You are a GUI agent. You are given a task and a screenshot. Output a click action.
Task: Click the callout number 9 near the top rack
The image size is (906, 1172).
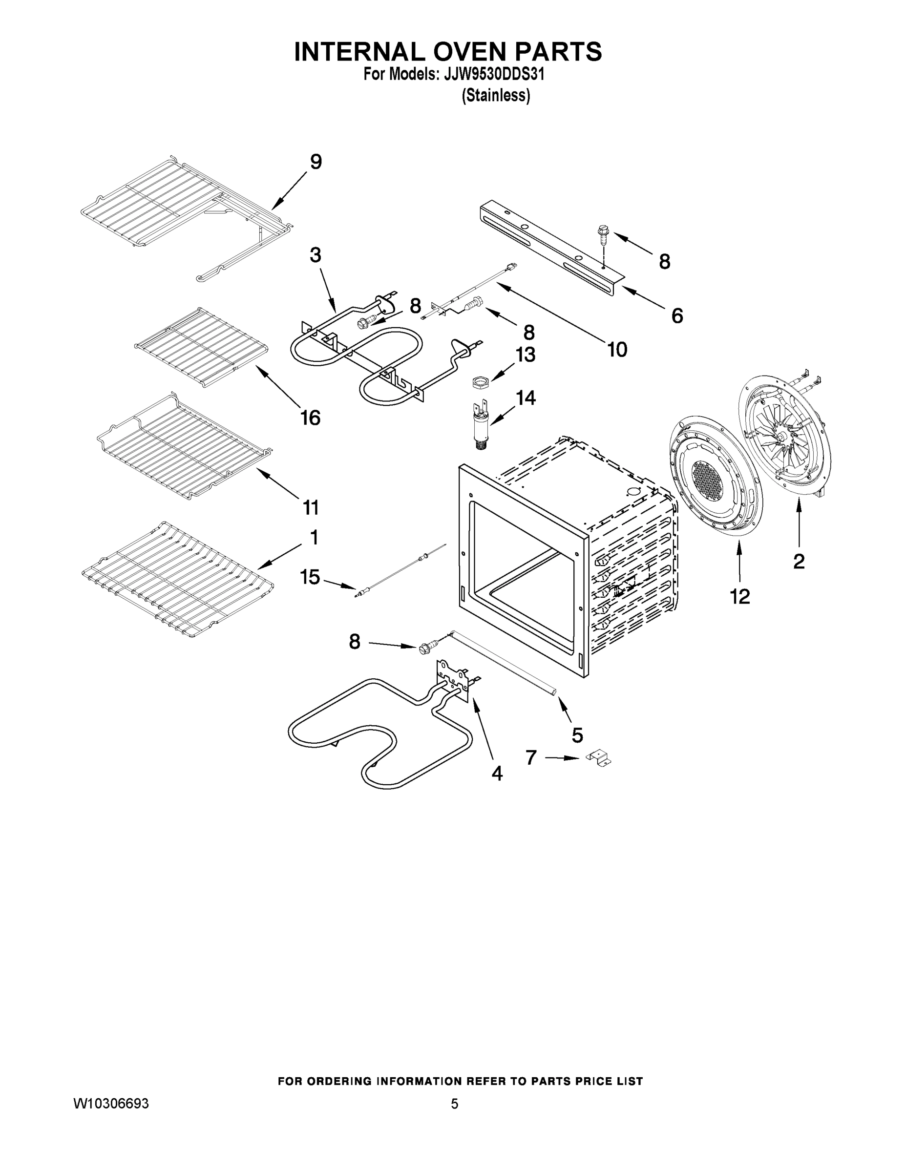pos(316,162)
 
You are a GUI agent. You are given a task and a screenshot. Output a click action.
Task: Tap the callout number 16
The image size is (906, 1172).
pos(310,417)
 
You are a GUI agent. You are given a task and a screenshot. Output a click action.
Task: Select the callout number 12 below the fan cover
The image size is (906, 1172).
pos(739,596)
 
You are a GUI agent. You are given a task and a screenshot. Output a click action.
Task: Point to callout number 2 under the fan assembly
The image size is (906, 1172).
pos(799,561)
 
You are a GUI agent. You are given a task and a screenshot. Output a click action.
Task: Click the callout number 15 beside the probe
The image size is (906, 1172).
pos(310,577)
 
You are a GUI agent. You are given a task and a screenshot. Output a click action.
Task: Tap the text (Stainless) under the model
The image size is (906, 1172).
pos(496,96)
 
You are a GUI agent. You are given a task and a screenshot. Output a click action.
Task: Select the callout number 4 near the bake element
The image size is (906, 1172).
pos(497,774)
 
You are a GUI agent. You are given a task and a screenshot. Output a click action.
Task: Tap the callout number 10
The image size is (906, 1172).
pos(617,350)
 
